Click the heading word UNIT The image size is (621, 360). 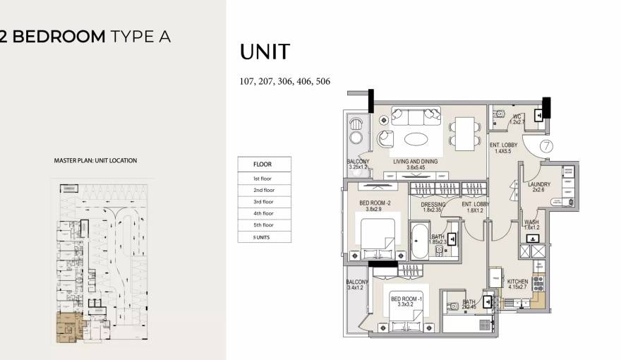pos(265,52)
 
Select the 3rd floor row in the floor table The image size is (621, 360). pos(264,202)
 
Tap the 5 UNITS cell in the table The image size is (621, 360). pos(264,237)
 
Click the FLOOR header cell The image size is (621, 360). pos(264,164)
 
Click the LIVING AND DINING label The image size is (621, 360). pos(416,162)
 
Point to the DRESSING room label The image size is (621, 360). pos(433,205)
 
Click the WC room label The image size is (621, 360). pos(518,116)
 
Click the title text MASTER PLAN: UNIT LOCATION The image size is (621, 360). pos(95,161)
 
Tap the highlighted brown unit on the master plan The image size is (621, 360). pos(68,328)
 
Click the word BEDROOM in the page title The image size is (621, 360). pos(59,37)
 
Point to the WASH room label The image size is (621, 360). pos(531,222)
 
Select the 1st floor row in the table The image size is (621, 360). pos(264,179)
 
